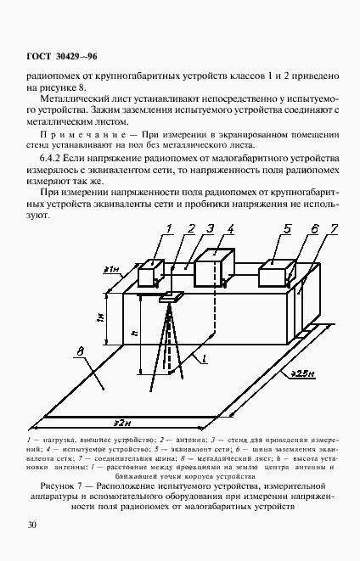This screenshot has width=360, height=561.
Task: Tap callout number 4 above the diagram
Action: coord(231,227)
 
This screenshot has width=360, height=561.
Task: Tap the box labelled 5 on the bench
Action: coord(274,275)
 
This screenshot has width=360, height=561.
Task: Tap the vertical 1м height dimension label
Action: coord(109,320)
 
